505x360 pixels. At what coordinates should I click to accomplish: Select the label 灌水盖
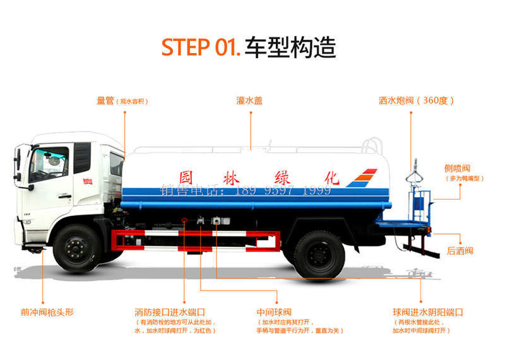[249, 100]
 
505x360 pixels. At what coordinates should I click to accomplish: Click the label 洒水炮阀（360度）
[416, 100]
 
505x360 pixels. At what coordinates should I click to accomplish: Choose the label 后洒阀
[460, 251]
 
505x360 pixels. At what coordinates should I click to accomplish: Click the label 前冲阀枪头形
[47, 312]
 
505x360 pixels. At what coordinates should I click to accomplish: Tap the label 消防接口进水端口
[170, 312]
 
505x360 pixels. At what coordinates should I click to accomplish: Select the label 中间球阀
[274, 312]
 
